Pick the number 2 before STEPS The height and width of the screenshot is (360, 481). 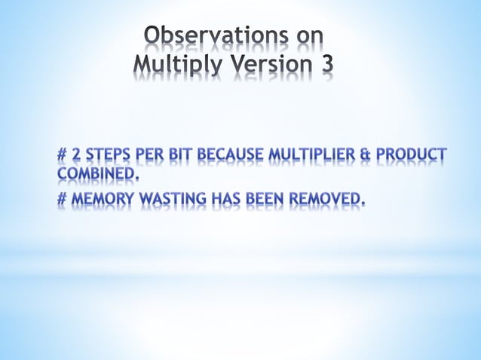click(x=76, y=157)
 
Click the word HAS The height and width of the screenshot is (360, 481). click(x=227, y=199)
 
